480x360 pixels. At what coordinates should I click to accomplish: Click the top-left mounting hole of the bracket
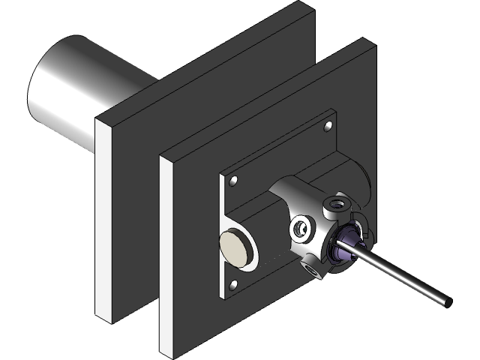click(x=234, y=181)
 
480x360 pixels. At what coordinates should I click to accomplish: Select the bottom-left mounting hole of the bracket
click(x=233, y=284)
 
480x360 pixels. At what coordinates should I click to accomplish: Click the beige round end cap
click(x=234, y=248)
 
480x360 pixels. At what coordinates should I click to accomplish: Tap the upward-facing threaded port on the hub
click(x=334, y=203)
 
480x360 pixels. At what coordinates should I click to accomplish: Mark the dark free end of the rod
click(x=448, y=301)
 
